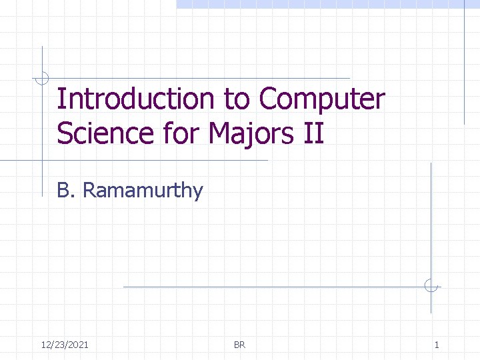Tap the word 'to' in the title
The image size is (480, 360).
point(237,100)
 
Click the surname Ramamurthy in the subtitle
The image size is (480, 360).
point(143,191)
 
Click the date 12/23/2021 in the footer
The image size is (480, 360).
point(65,345)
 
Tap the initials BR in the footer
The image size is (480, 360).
point(240,345)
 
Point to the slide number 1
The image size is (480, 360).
point(437,345)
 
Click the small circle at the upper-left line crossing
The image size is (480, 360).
point(42,78)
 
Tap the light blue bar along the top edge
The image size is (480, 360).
point(327,4)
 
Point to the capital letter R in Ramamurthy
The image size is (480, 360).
point(90,191)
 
